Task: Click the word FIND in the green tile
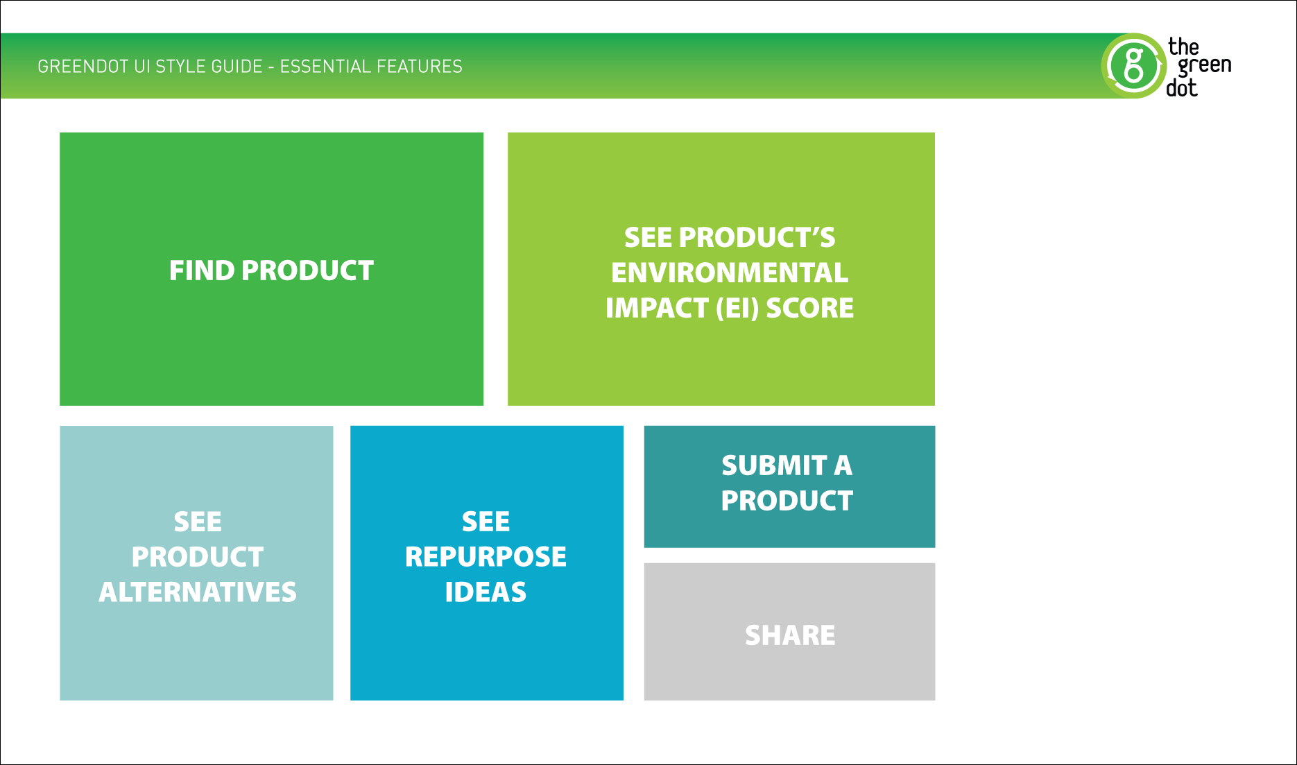(202, 270)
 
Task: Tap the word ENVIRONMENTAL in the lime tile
(729, 273)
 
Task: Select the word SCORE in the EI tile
(809, 308)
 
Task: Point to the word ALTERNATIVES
(198, 592)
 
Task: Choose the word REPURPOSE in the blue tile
(486, 557)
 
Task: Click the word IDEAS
(486, 592)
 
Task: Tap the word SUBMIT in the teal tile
(773, 465)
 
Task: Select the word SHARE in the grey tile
(790, 635)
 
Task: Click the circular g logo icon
(1133, 66)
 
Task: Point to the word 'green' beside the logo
(1205, 66)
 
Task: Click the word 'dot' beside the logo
(1182, 88)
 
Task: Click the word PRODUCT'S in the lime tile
(757, 237)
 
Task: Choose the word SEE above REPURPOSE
(486, 522)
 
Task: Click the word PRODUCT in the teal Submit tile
(787, 501)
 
